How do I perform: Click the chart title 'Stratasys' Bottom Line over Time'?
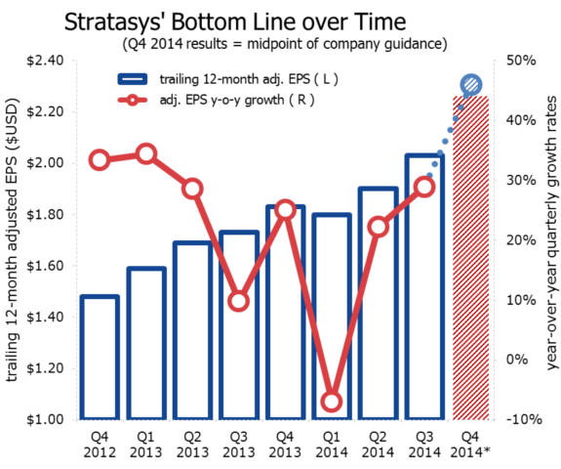coord(276,21)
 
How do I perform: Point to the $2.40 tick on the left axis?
coord(43,61)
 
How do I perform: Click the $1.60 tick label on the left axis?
coord(43,266)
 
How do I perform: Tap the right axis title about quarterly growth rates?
coord(551,234)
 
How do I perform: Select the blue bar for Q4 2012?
coord(100,358)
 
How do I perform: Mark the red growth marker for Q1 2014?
coord(332,402)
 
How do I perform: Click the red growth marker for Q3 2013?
coord(239,300)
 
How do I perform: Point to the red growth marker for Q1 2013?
coord(146,153)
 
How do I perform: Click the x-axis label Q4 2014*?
coord(470,445)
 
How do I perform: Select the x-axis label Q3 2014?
coord(424,445)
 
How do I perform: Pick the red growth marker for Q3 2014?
coord(424,186)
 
